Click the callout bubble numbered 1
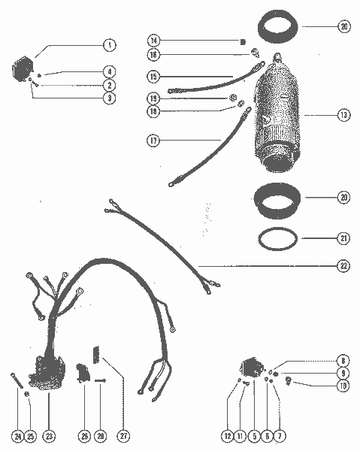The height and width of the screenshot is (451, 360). tap(110, 45)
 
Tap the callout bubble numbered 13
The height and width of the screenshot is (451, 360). tap(343, 116)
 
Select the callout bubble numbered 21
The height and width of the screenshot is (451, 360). tap(343, 238)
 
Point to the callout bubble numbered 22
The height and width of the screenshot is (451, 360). tap(343, 265)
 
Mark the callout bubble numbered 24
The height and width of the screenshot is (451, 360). tap(17, 436)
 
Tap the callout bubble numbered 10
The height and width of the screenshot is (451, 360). tap(343, 386)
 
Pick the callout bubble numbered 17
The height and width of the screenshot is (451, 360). tap(153, 140)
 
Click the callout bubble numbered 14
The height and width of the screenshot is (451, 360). tap(153, 39)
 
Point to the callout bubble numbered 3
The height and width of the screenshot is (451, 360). tap(110, 98)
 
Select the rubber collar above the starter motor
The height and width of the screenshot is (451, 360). tap(281, 34)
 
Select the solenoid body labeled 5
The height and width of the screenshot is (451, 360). tap(253, 369)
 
